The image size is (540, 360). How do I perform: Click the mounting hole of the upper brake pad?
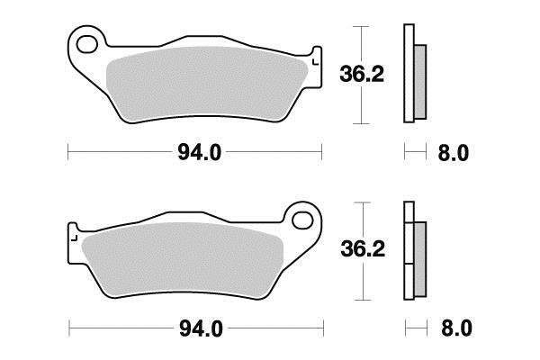86,45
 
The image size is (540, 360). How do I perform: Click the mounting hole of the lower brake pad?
302,220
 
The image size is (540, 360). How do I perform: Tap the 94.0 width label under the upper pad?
200,153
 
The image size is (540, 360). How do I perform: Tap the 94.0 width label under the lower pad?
201,329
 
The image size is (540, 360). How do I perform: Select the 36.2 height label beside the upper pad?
362,74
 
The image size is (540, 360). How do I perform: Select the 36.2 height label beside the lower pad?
363,249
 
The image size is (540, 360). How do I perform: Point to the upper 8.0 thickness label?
454,153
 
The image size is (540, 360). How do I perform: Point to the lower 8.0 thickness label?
456,328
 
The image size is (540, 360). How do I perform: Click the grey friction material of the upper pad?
207,83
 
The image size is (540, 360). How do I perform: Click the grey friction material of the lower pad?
183,259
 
